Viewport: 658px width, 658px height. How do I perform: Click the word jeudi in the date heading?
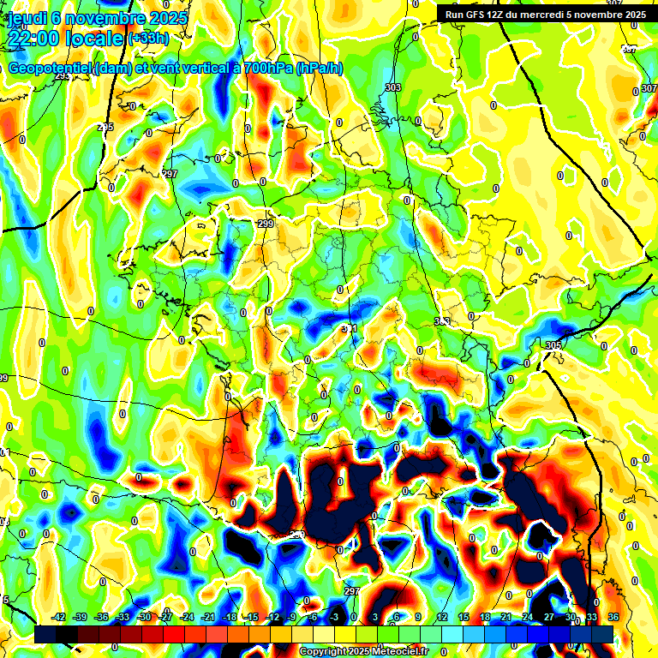[24, 18]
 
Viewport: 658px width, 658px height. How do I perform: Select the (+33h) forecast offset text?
[148, 39]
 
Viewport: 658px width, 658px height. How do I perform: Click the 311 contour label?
[349, 328]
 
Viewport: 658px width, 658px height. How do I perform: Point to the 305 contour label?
[553, 345]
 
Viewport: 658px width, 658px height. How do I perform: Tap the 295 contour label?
[105, 128]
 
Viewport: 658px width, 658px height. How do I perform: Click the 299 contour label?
[266, 224]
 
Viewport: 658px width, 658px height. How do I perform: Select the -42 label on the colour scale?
[58, 617]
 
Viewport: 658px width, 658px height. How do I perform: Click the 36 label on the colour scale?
[613, 617]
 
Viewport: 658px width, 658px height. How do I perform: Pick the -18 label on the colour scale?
[230, 617]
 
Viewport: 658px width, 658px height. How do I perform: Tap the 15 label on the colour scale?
[464, 617]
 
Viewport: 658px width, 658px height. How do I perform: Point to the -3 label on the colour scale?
[335, 617]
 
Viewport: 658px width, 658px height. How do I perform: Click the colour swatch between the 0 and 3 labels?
[365, 634]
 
